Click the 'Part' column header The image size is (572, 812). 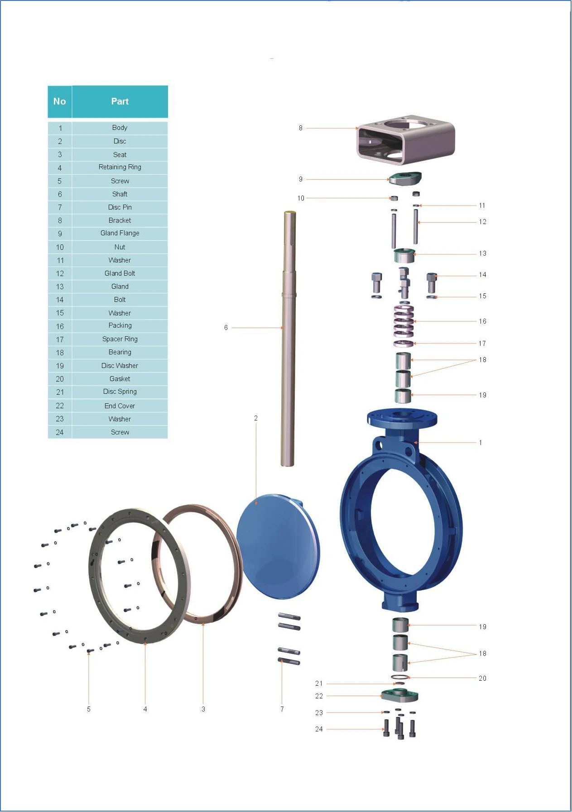pyautogui.click(x=120, y=101)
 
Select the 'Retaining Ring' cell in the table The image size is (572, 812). pyautogui.click(x=120, y=167)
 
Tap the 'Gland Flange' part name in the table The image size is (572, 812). pyautogui.click(x=120, y=234)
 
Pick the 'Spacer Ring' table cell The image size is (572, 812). pyautogui.click(x=120, y=339)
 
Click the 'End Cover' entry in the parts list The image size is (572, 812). pyautogui.click(x=120, y=406)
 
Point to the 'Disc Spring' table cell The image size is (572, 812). pyautogui.click(x=120, y=392)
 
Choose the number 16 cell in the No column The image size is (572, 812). pyautogui.click(x=60, y=326)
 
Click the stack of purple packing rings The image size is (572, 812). pyautogui.click(x=404, y=321)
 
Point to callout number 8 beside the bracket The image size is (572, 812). pyautogui.click(x=300, y=128)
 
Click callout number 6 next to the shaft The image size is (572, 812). pyautogui.click(x=226, y=328)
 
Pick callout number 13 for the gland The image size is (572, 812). pyautogui.click(x=483, y=253)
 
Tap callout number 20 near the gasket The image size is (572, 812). pyautogui.click(x=482, y=678)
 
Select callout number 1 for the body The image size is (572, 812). pyautogui.click(x=481, y=442)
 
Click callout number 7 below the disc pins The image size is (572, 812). pyautogui.click(x=282, y=709)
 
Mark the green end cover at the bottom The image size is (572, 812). pyautogui.click(x=399, y=695)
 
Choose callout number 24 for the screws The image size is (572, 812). pyautogui.click(x=319, y=729)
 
